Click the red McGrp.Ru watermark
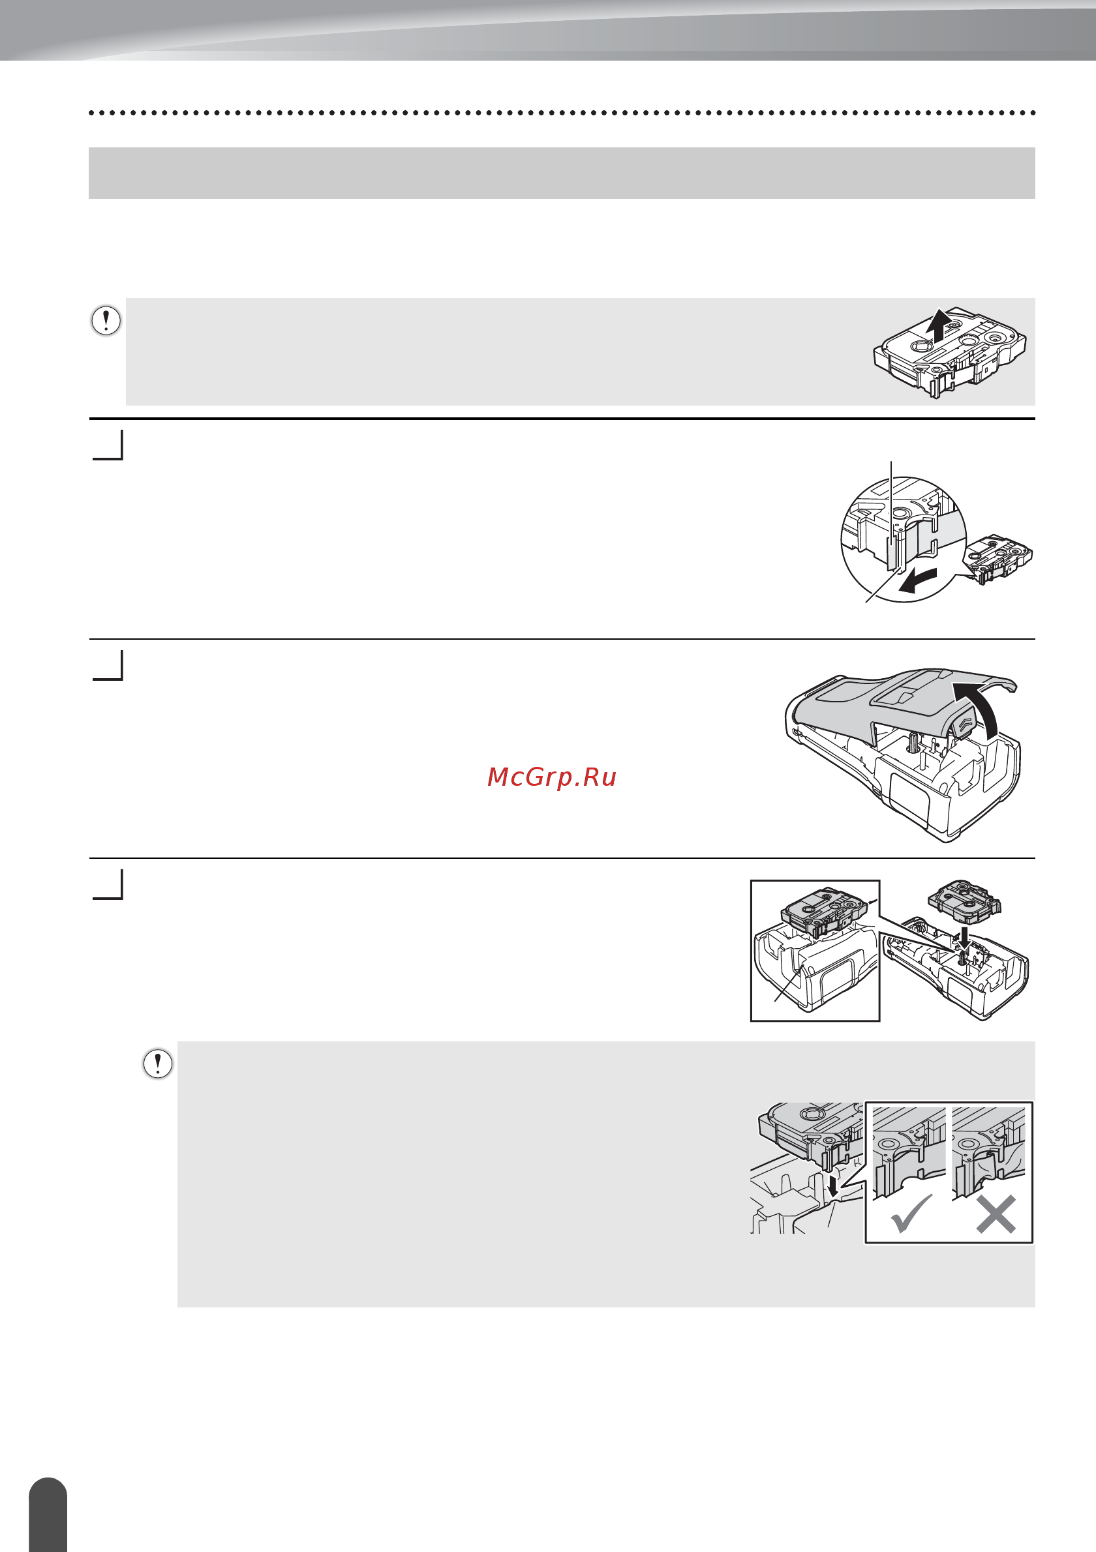552,777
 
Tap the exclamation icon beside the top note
106,320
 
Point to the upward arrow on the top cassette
937,326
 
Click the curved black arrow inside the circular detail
918,580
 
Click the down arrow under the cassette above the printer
964,937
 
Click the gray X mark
996,1214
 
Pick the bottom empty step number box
108,884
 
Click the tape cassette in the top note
950,352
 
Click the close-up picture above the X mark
988,1152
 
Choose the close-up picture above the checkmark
909,1152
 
